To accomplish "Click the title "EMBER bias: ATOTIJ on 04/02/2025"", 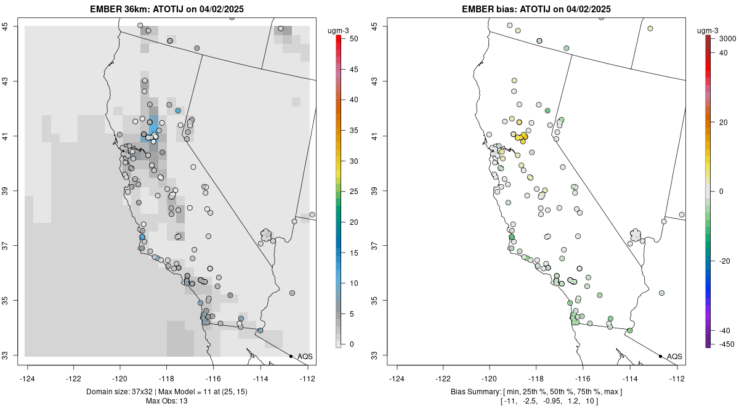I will (x=536, y=9).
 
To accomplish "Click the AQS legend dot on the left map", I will (x=291, y=356).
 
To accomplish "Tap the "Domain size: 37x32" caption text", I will (x=118, y=392).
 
